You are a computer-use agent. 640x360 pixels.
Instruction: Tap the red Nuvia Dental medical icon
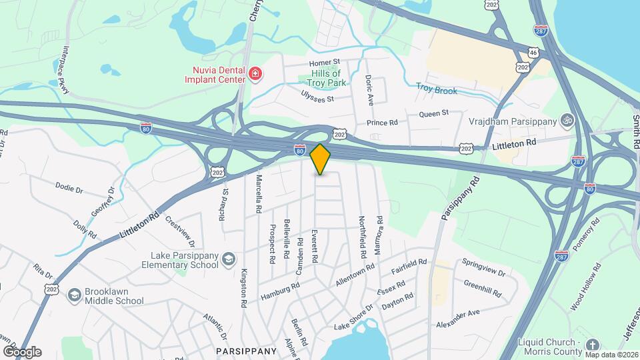[x=254, y=73]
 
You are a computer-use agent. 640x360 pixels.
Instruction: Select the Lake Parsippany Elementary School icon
[x=229, y=259]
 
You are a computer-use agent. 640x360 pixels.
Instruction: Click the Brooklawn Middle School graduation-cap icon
[x=74, y=295]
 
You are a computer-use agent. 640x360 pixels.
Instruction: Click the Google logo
[x=22, y=351]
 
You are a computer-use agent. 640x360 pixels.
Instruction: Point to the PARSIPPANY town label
[x=246, y=351]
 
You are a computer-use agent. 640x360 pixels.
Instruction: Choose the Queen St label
[x=434, y=114]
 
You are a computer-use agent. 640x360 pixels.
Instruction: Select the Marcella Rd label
[x=258, y=194]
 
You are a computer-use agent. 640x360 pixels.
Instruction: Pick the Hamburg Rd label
[x=281, y=290]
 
